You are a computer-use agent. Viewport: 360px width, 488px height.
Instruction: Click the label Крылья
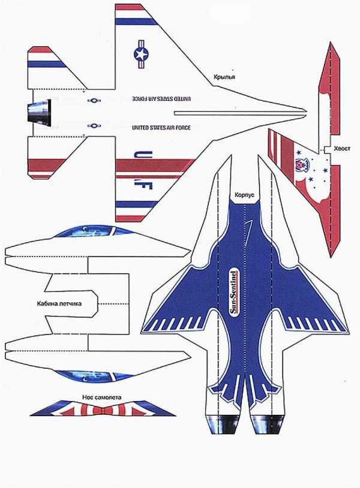click(x=224, y=77)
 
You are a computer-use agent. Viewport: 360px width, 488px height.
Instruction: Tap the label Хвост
click(x=342, y=149)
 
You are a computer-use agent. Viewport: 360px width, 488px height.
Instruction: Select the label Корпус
click(x=244, y=195)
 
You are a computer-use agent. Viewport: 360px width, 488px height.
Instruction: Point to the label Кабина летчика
click(x=59, y=303)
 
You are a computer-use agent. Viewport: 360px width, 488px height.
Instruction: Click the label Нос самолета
click(x=102, y=397)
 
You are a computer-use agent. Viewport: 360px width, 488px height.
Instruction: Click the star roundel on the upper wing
click(x=141, y=54)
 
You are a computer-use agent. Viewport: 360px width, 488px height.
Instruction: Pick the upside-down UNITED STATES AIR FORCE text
click(x=161, y=99)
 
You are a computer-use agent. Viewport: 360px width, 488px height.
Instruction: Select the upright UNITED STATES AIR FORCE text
click(x=161, y=128)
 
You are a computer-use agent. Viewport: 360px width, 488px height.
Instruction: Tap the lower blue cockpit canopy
click(x=91, y=376)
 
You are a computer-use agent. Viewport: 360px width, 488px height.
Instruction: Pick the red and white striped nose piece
click(x=103, y=408)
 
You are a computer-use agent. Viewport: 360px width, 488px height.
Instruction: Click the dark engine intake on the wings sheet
click(x=39, y=110)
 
